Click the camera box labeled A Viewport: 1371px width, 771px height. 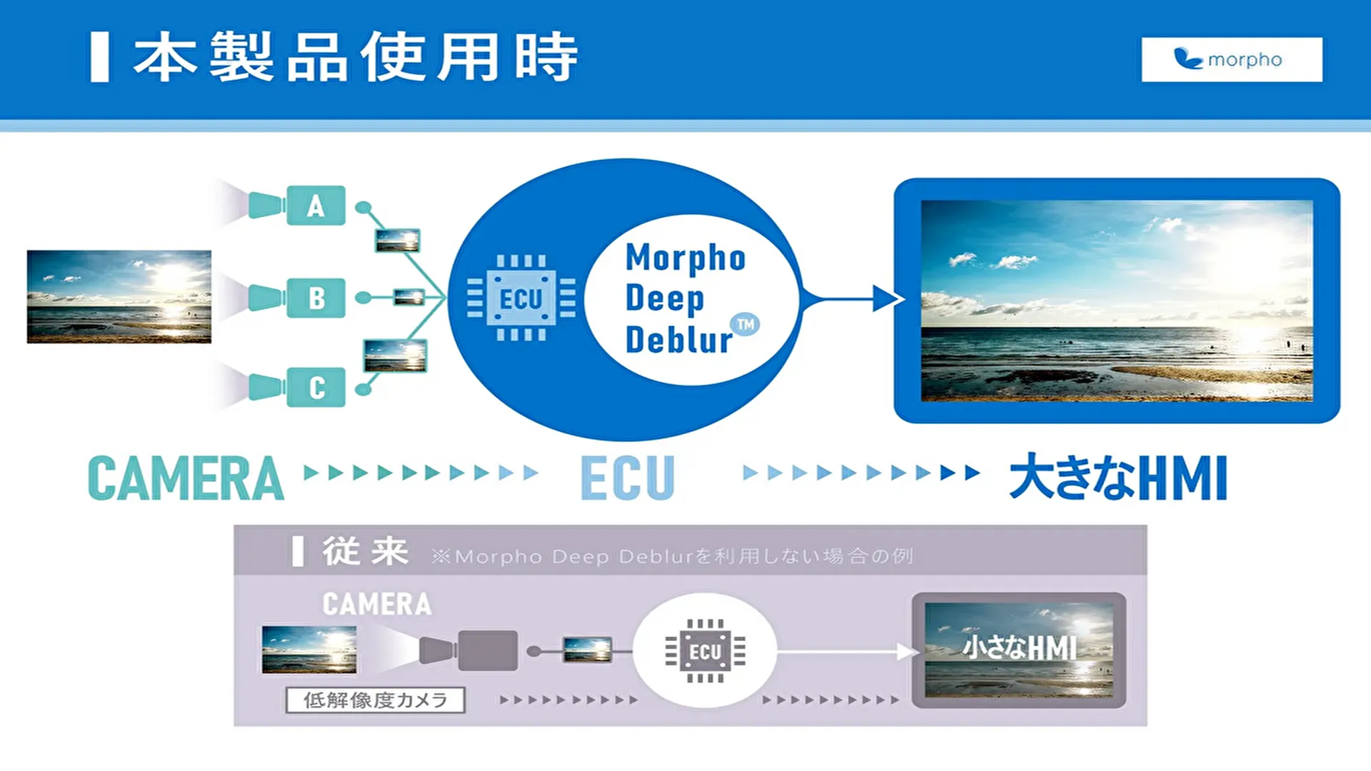[316, 206]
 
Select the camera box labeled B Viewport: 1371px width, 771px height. [316, 298]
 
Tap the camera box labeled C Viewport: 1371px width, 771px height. [316, 388]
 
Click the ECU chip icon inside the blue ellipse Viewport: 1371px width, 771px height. [521, 298]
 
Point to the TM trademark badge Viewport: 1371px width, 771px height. [745, 325]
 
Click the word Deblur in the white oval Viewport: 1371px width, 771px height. [679, 340]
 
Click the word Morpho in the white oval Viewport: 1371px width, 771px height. [685, 258]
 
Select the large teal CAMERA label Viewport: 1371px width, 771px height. [186, 478]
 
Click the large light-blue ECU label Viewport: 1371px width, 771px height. [628, 478]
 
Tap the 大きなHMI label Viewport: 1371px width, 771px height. [1118, 478]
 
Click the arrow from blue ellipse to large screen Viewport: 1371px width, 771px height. [851, 298]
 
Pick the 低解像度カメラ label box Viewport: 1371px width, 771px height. [376, 700]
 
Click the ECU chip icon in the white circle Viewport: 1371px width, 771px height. [705, 651]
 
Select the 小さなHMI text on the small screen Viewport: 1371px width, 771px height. [1020, 648]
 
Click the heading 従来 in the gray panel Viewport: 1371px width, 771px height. [365, 551]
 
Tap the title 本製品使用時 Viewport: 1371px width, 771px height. [356, 57]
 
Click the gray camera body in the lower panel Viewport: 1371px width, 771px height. [488, 650]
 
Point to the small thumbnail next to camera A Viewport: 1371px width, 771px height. [398, 241]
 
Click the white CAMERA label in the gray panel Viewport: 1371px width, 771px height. [377, 604]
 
